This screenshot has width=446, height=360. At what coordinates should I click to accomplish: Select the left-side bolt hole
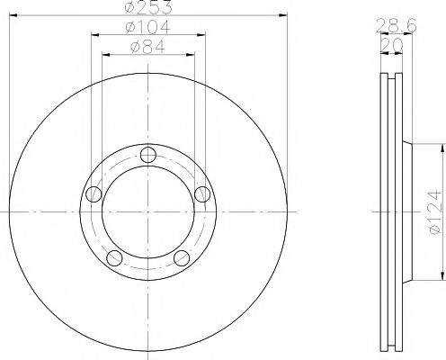point(93,193)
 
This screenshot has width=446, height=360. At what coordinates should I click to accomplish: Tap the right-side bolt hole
point(203,193)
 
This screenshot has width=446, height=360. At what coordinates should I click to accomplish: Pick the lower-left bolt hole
point(114,258)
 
